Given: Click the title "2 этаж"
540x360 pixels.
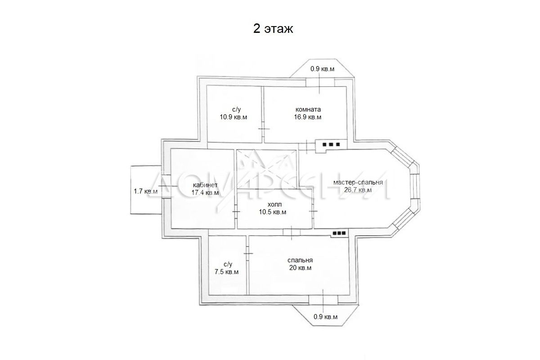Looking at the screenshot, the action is pos(273,29).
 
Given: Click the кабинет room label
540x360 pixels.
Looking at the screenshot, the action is pos(205,185).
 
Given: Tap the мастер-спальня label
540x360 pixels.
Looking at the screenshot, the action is pos(358,183).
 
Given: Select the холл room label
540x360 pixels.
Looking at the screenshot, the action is pos(274,205).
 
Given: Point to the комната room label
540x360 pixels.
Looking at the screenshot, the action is pos(308,109).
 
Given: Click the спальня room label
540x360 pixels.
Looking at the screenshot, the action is pos(300,261).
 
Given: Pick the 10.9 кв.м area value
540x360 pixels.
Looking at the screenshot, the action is pos(234,117).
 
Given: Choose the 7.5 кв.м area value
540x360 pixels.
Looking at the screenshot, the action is pos(227,272).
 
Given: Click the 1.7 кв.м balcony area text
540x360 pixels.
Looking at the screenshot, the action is pos(146,191).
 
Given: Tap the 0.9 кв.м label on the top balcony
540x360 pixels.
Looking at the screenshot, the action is pos(322,69).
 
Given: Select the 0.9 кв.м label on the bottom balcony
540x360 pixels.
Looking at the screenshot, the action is pos(325,317).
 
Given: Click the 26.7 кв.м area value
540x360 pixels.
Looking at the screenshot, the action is pos(358,190).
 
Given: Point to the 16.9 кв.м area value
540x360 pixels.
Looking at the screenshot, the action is pos(308,117).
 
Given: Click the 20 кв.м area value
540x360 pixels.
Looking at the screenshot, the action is pos(301,268).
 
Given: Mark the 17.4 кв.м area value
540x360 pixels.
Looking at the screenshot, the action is pos(205,193).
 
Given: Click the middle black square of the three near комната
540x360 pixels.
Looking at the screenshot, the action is pos(331,144).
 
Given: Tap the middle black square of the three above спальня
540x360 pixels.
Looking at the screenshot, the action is pos(339,233).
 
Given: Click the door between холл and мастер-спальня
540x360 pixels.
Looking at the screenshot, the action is pos(313,211).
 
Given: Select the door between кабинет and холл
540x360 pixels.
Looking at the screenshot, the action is pos(236,211).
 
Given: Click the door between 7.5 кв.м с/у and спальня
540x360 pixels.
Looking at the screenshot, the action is pos(248,253).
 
